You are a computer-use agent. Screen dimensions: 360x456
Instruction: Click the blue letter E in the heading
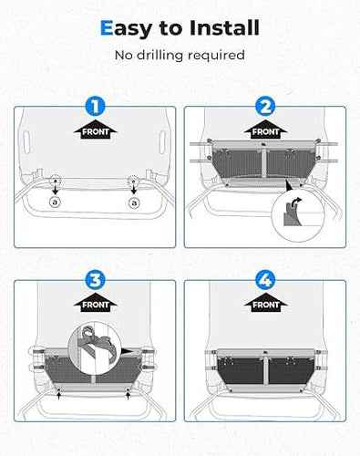(x=107, y=27)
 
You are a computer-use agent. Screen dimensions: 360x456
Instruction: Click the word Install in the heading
(x=224, y=27)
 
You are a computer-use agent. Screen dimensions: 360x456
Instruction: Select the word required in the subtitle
(x=216, y=56)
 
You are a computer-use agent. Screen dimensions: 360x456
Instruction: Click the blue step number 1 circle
(x=95, y=107)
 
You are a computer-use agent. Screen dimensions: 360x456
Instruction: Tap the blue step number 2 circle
(x=265, y=107)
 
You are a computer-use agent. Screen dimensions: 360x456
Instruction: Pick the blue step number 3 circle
(x=95, y=280)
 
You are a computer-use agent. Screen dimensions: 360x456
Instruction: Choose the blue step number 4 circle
(x=265, y=280)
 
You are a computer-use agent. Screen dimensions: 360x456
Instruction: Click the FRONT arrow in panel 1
(x=95, y=130)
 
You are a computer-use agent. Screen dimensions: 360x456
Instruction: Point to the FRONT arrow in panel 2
(x=265, y=130)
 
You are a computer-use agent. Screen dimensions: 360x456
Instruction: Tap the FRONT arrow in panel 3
(x=95, y=302)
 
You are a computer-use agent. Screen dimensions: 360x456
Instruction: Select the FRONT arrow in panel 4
(x=265, y=302)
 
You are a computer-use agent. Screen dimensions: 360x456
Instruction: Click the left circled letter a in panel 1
(x=55, y=202)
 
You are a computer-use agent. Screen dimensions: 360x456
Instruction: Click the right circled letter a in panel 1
(x=134, y=202)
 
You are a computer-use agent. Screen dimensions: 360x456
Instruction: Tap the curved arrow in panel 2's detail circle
(x=295, y=203)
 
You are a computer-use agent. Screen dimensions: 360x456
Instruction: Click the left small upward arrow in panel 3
(x=59, y=395)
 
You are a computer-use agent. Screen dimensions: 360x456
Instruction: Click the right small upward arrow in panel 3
(x=128, y=395)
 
